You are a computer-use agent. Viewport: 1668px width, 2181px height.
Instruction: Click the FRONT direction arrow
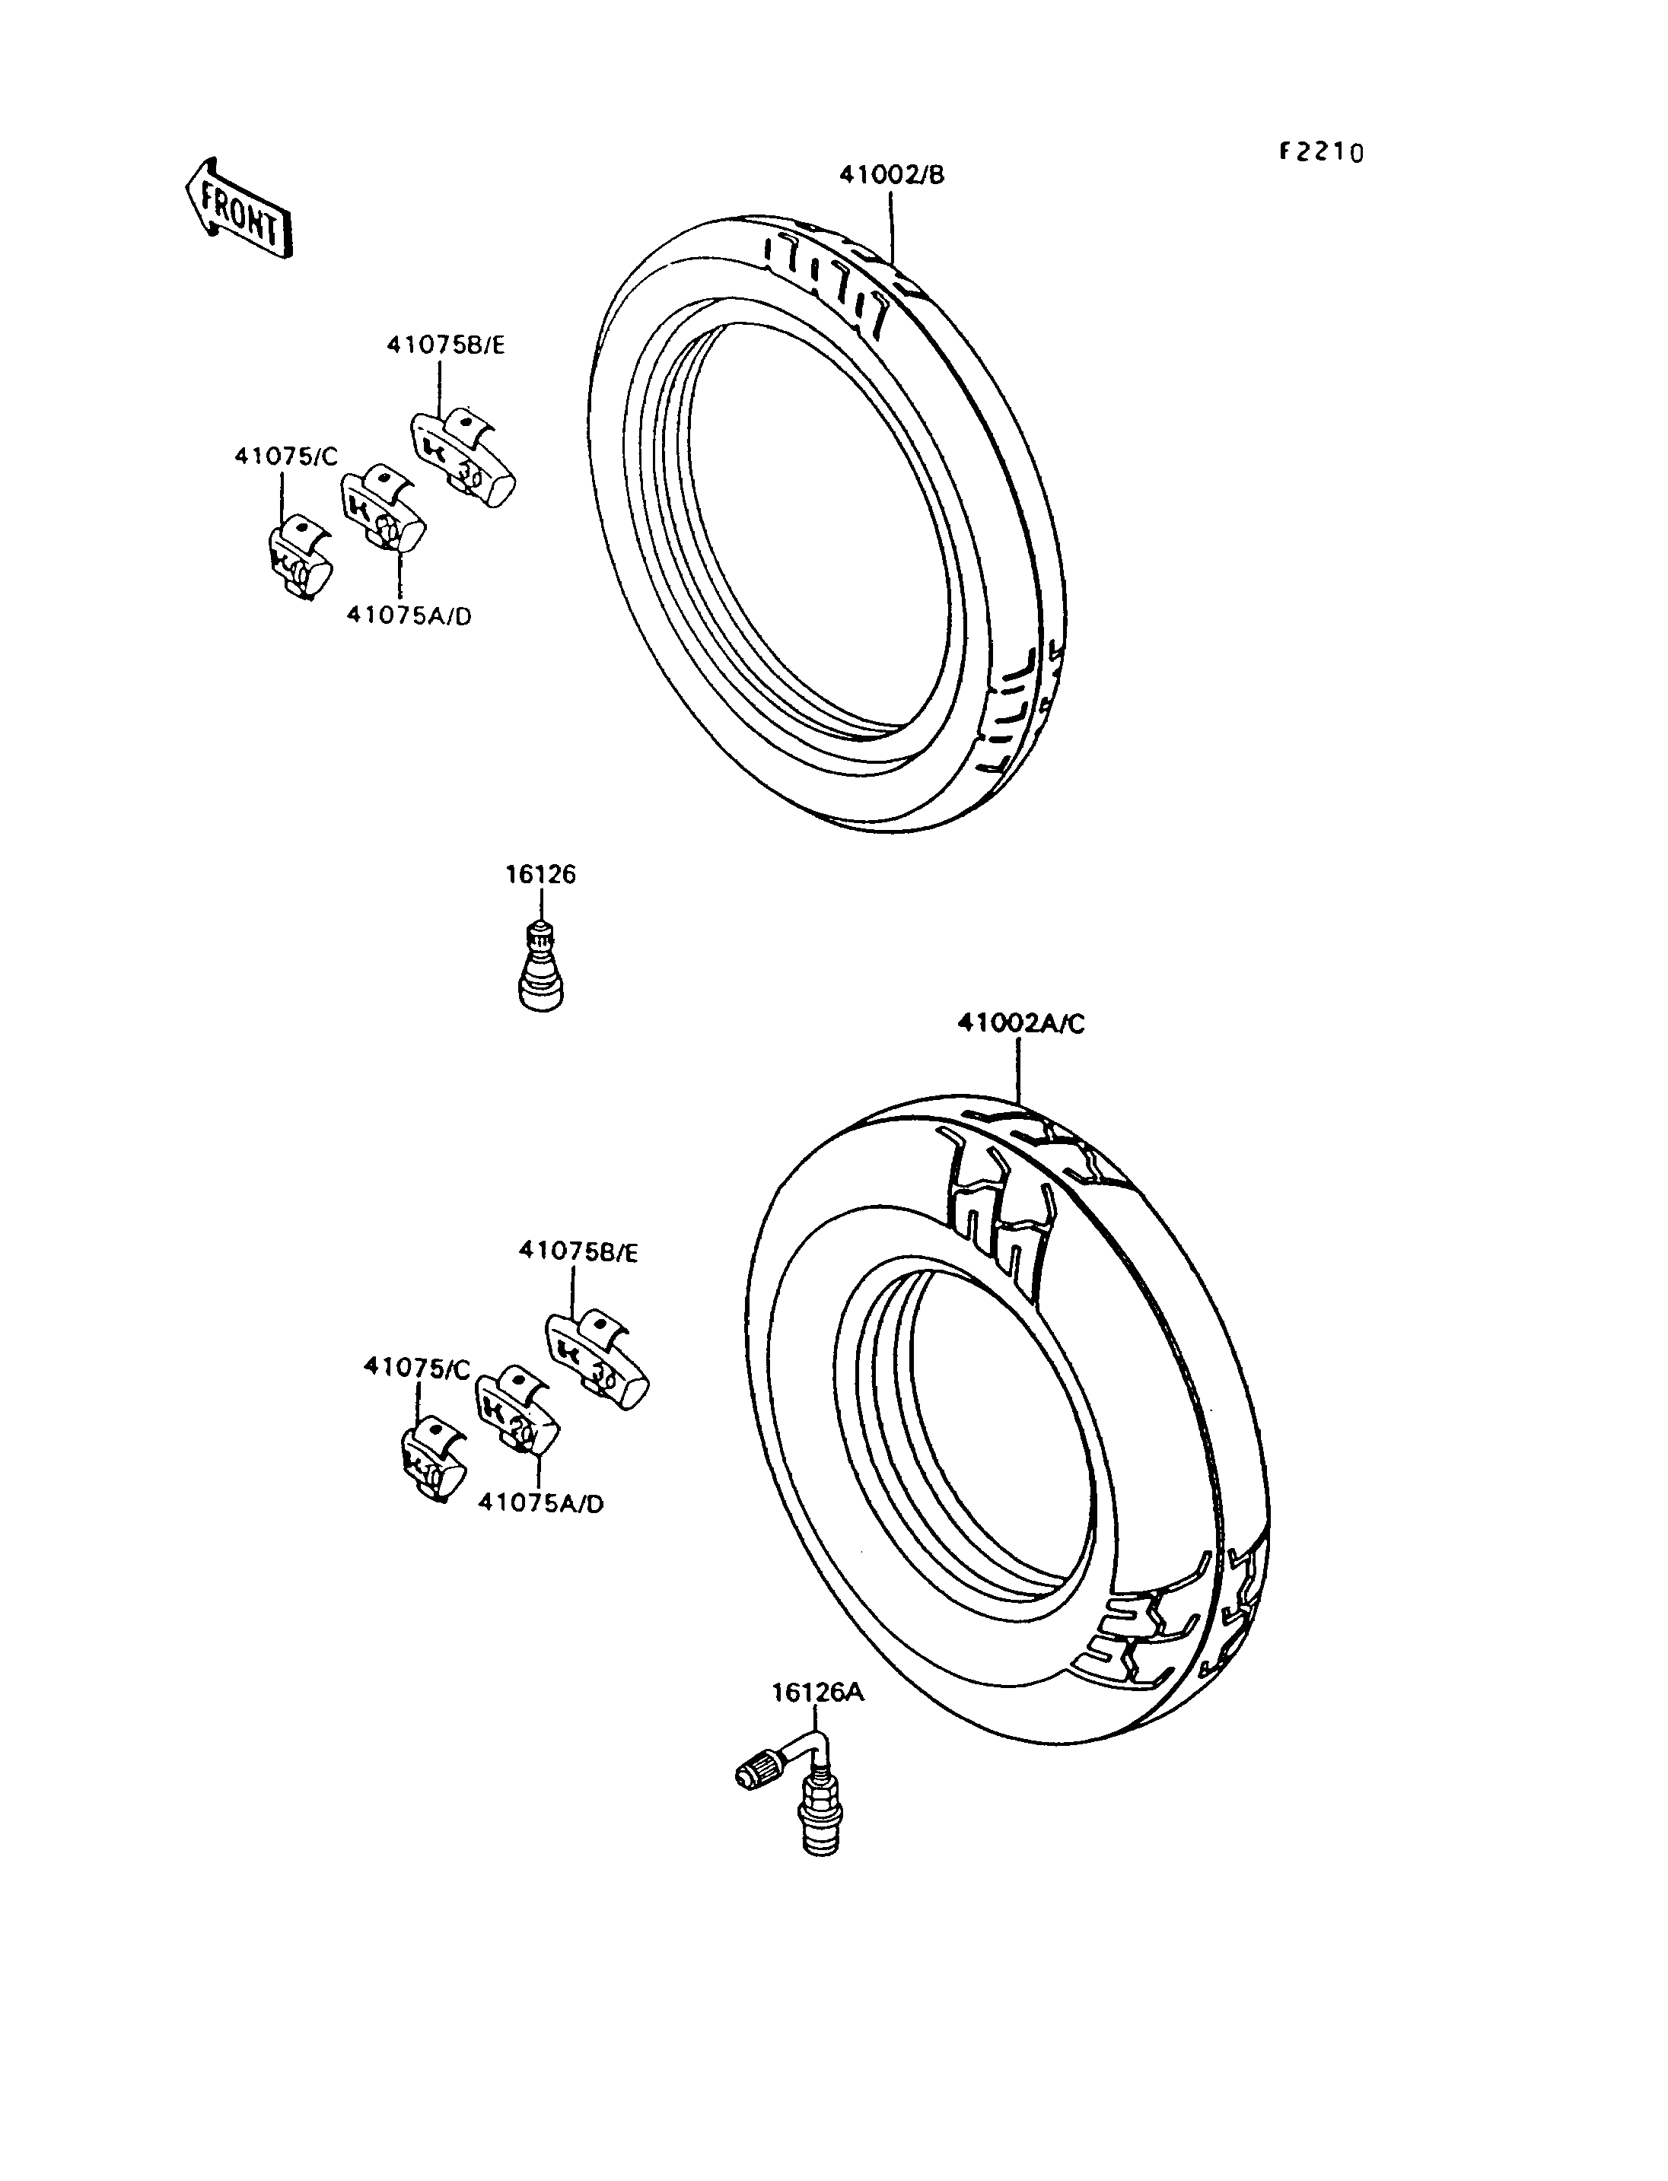pos(238,209)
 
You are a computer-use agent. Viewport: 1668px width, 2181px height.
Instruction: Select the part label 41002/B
pos(892,176)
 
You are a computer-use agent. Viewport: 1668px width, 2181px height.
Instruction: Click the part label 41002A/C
pos(1020,1023)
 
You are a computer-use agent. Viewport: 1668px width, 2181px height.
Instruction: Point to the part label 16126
pos(540,875)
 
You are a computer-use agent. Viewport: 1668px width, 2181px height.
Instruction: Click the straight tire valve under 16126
pos(541,966)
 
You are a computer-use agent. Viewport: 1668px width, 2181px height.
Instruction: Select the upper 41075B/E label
pos(446,345)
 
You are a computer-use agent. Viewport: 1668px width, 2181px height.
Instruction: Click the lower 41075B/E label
pos(578,1254)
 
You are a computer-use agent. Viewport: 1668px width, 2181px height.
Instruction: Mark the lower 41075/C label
pos(417,1368)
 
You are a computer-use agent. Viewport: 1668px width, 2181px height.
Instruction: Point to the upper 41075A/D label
pos(409,616)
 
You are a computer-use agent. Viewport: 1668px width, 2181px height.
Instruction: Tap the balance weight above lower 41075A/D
pos(517,1413)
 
